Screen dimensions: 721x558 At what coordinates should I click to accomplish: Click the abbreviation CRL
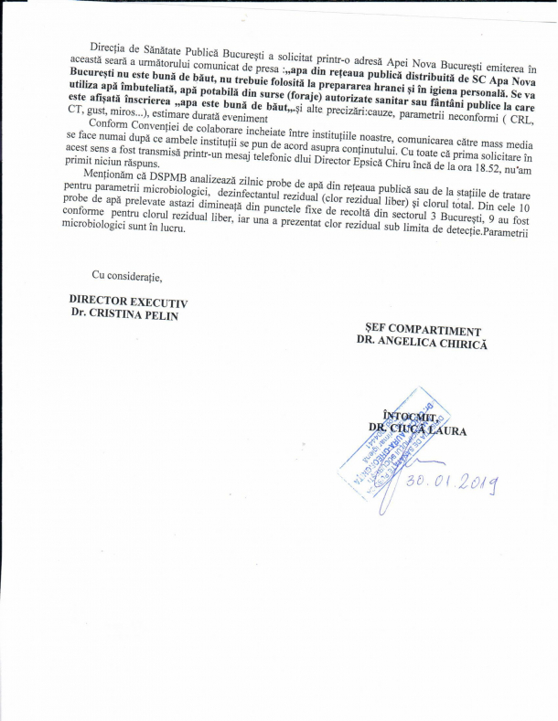pyautogui.click(x=529, y=106)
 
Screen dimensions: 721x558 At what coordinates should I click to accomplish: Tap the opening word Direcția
pyautogui.click(x=110, y=44)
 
